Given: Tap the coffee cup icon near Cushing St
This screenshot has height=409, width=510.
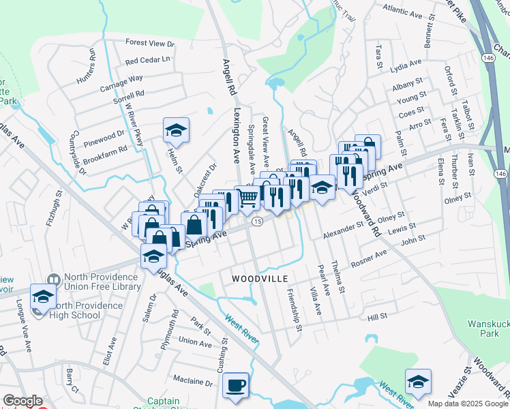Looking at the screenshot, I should coord(236,385).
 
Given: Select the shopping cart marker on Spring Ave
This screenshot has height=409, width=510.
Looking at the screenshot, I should coord(248,198).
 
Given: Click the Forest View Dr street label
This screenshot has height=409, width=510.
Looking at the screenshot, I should coord(150,43).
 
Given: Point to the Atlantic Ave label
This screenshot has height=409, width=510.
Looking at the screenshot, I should coord(402,12).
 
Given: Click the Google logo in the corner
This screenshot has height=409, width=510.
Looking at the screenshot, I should coord(22,400).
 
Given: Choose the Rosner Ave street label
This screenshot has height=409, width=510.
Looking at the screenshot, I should coord(369,258).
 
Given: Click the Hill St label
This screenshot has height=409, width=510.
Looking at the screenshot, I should coord(377,317).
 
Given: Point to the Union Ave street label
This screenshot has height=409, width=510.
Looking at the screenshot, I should coord(195,341).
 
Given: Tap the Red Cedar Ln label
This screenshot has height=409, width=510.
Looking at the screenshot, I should coord(147,60).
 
